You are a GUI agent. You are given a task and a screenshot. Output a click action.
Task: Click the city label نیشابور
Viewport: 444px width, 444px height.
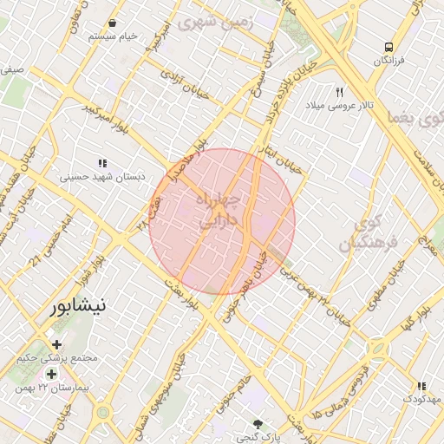[x=78, y=305]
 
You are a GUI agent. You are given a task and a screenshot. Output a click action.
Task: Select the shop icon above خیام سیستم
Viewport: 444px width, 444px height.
[x=114, y=23]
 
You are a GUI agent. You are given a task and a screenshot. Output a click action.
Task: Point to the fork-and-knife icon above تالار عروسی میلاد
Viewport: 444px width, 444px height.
[x=340, y=91]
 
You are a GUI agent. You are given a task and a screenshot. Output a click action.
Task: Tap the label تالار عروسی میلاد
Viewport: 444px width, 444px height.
[x=338, y=105]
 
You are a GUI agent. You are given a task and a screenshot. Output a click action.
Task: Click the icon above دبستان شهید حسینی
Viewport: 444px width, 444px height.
[x=102, y=162]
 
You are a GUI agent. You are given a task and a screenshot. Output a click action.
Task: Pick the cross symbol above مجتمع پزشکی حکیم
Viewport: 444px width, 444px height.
[x=57, y=344]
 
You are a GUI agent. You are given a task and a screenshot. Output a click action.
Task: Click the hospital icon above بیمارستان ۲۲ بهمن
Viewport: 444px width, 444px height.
[x=51, y=375]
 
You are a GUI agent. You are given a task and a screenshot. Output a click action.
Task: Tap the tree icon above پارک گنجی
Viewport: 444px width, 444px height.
[x=257, y=424]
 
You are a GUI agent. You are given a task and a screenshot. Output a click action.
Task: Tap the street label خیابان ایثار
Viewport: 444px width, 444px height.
[x=284, y=158]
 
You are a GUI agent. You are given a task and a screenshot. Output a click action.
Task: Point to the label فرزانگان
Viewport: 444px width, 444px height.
[x=389, y=61]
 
